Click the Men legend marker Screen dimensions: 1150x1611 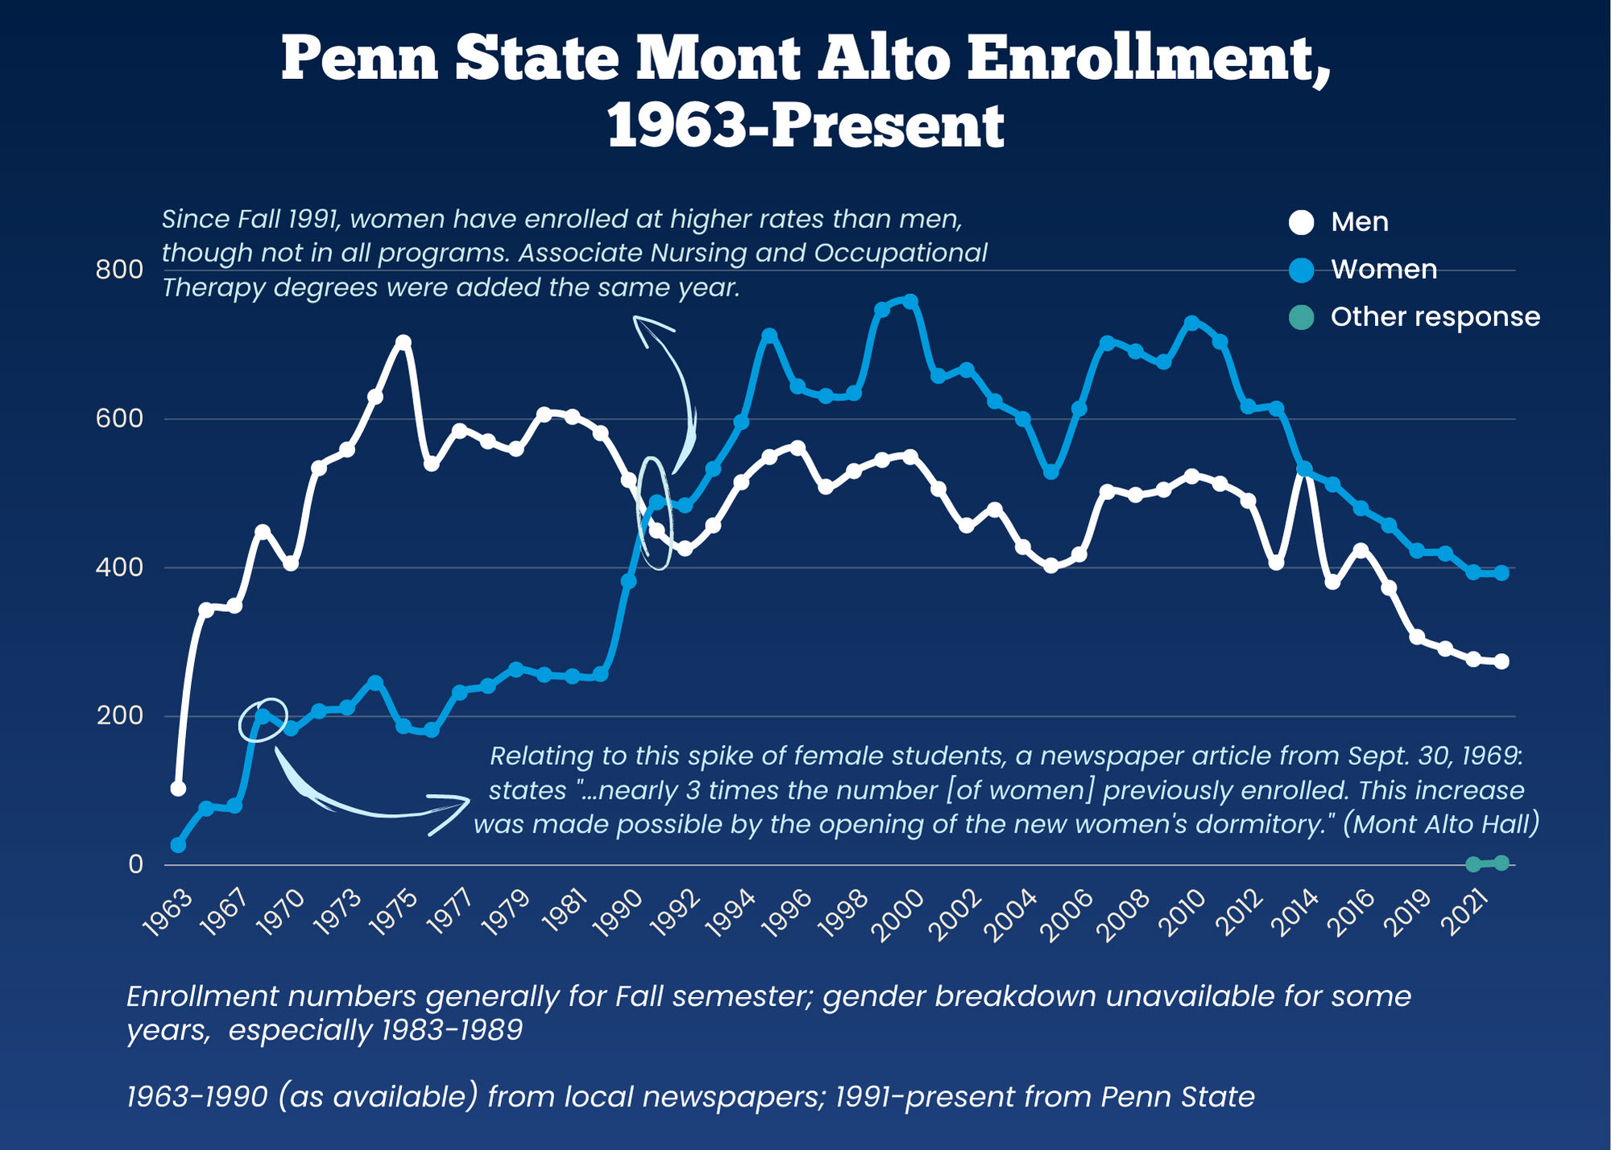[x=1301, y=222]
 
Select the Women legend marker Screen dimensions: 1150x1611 [x=1301, y=270]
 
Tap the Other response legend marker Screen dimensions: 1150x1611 [x=1301, y=317]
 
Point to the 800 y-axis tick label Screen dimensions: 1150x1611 [x=119, y=270]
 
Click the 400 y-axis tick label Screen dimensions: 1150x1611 [x=119, y=568]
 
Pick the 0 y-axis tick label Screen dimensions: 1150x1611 [x=135, y=864]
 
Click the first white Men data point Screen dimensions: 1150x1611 [x=178, y=788]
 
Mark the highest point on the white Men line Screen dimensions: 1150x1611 [x=404, y=342]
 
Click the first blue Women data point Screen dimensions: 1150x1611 [x=178, y=845]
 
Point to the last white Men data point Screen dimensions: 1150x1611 [x=1501, y=661]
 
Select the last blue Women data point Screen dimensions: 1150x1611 [x=1501, y=573]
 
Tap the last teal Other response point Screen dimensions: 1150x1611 [x=1501, y=863]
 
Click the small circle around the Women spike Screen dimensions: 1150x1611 [x=263, y=718]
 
